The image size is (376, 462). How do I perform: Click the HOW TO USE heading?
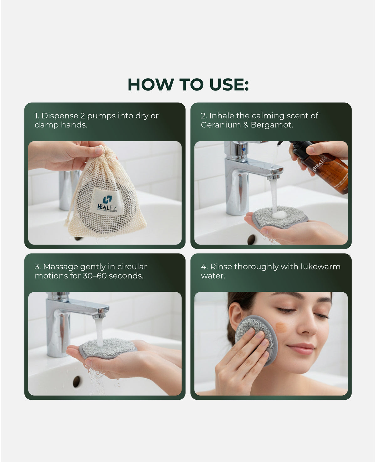pos(188,85)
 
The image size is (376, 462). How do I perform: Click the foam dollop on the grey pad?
pos(279,215)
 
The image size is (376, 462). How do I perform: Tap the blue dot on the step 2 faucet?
pos(244,150)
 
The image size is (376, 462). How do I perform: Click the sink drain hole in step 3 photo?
pos(76,381)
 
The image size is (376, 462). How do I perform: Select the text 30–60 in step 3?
pos(95,276)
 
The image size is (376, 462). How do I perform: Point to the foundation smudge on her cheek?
pos(281,328)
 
